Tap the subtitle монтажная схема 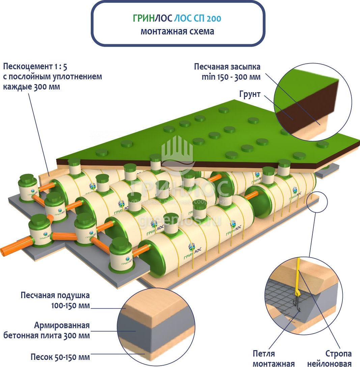pyautogui.click(x=177, y=32)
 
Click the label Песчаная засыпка pyautogui.click(x=227, y=67)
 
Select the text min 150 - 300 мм pyautogui.click(x=231, y=77)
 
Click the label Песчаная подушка pyautogui.click(x=55, y=295)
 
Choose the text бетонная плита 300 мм pyautogui.click(x=47, y=336)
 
